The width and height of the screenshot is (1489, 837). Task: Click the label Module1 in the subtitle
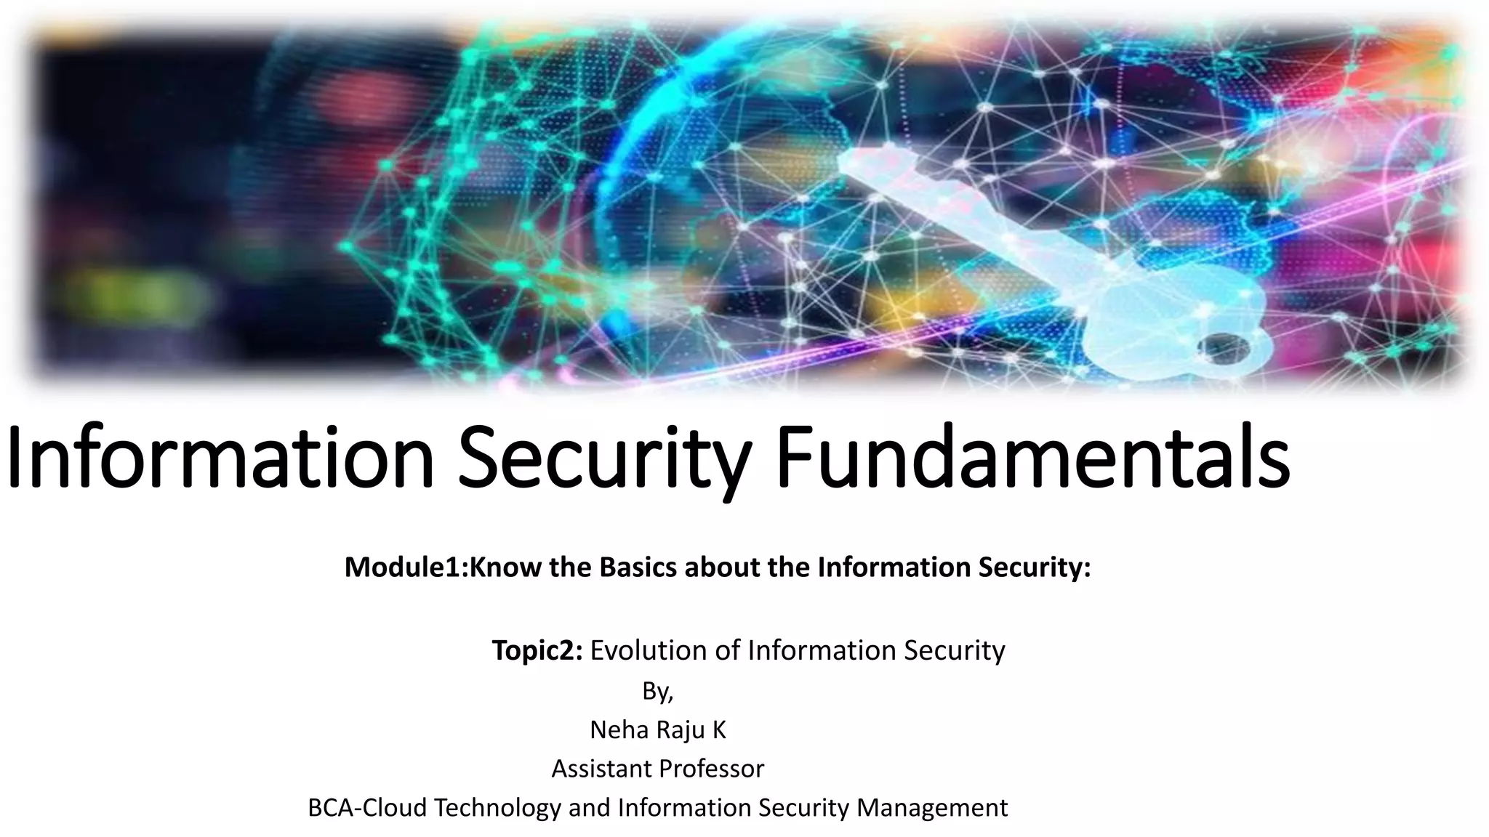403,567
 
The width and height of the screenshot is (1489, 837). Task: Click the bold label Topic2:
537,650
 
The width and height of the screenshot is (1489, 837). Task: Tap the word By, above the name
658,692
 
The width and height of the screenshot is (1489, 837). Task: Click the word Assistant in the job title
596,769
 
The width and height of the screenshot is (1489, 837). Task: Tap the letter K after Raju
718,729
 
